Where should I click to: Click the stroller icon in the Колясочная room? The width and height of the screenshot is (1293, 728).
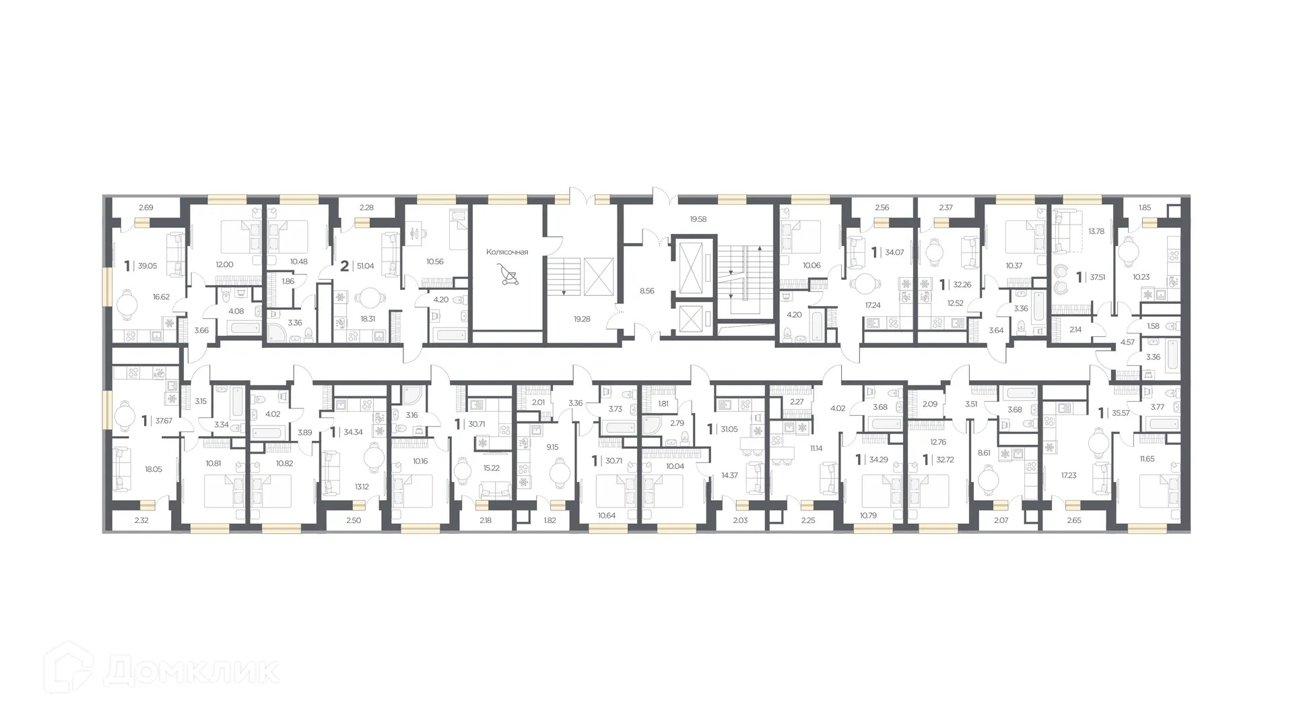point(508,274)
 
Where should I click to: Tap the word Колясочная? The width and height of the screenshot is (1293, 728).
point(507,252)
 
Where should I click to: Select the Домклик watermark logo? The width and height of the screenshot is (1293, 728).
point(161,669)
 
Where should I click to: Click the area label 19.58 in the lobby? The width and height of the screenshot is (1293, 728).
point(698,219)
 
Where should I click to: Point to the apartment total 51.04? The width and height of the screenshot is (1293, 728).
point(366,266)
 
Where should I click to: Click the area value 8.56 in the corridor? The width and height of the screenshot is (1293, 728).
point(646,291)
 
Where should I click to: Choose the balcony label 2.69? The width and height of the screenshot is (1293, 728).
point(145,208)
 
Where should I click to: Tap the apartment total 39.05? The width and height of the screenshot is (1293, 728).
point(147,266)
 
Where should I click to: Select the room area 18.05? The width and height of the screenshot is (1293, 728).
point(153,469)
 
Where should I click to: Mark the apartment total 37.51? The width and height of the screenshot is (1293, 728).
point(1098,276)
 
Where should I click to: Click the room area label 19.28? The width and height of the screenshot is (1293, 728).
point(582,319)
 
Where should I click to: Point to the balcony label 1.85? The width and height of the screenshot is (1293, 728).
point(1145,208)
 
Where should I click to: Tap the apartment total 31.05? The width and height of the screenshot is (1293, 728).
point(729,429)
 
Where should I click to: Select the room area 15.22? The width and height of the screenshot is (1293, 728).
point(491,468)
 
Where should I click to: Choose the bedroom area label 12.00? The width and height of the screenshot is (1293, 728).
point(224,264)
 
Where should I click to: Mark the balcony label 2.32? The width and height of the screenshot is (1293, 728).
point(141,520)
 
